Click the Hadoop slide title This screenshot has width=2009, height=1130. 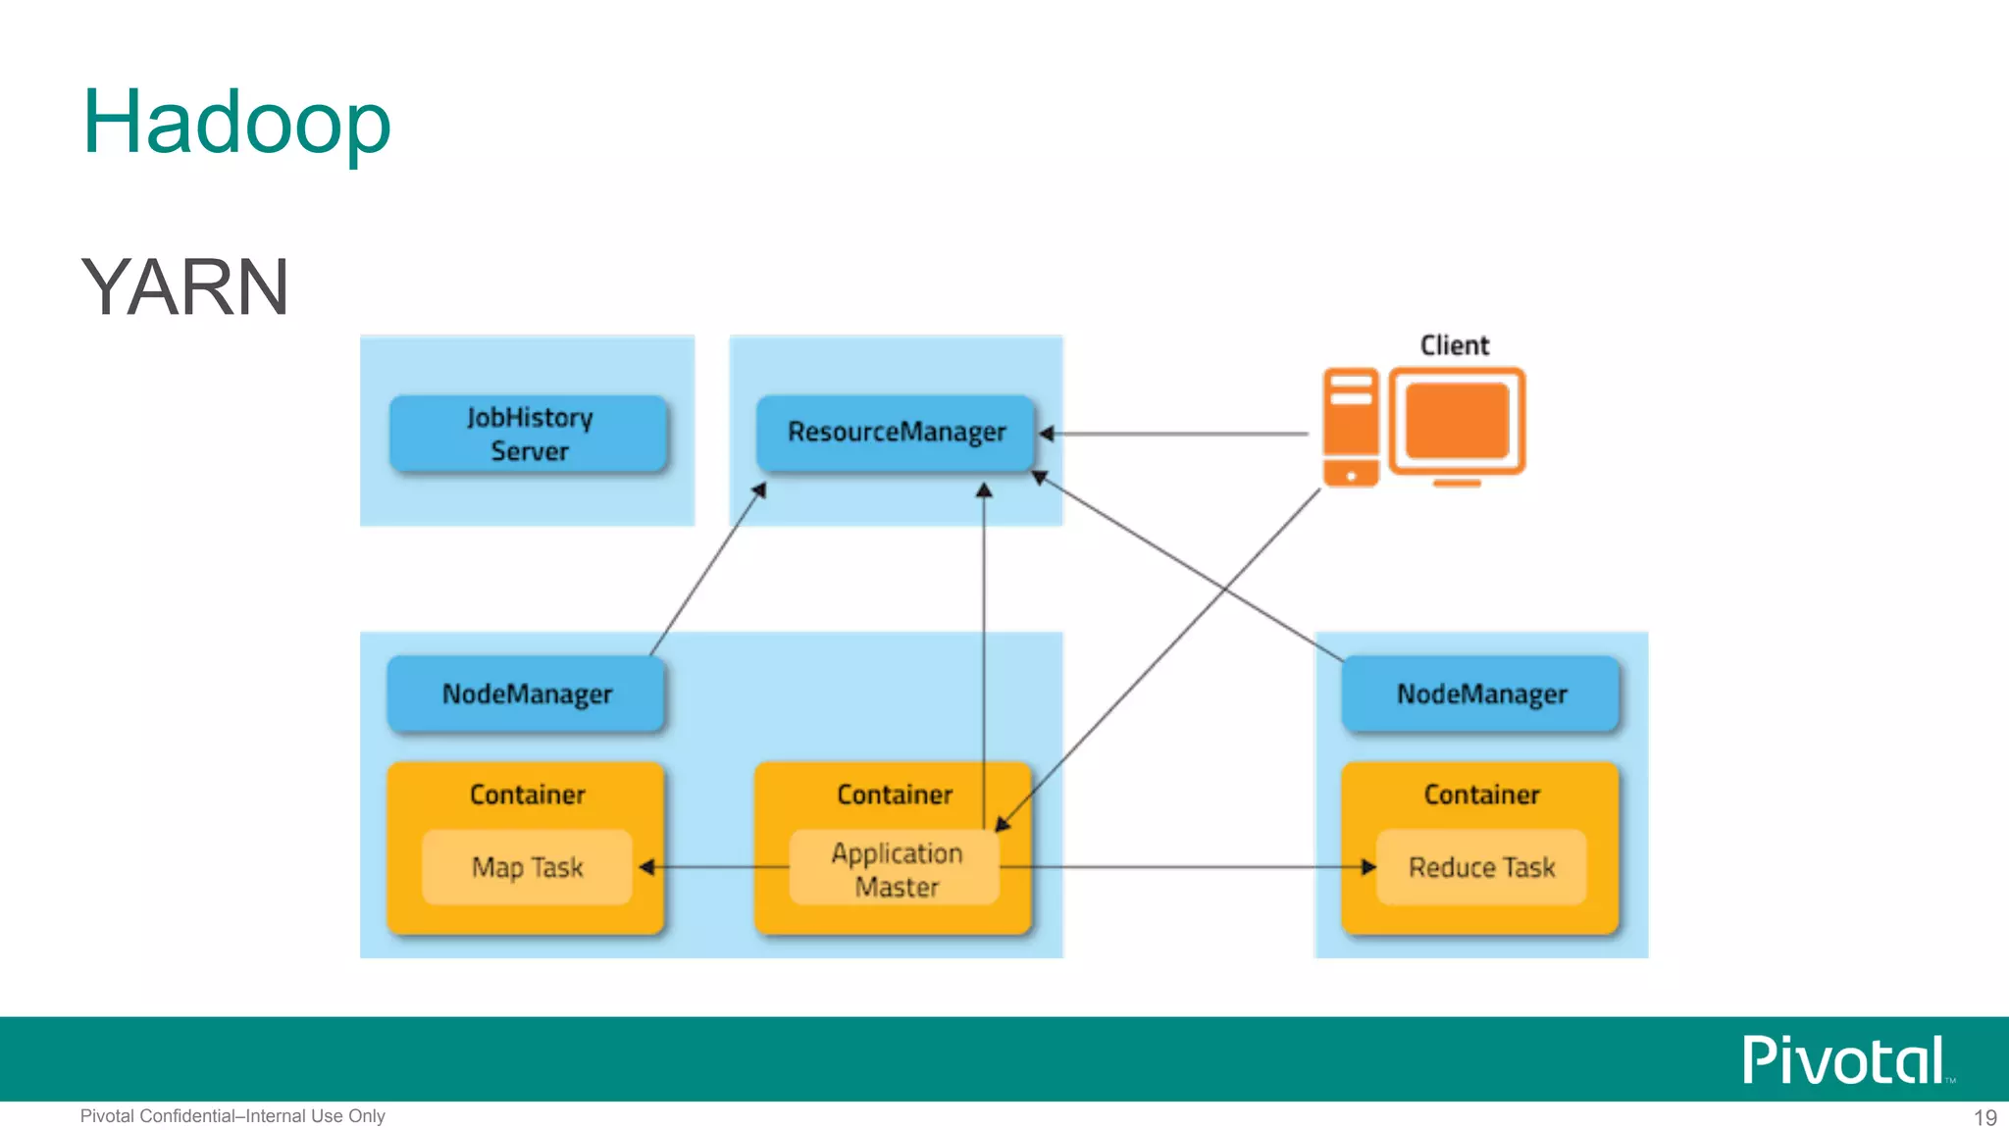tap(236, 122)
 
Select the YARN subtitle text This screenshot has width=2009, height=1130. tap(184, 286)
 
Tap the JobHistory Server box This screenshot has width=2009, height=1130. tap(529, 434)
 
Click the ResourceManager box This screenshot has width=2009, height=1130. tap(896, 432)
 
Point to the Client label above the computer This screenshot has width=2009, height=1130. tap(1454, 345)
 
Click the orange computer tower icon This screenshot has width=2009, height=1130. tap(1351, 427)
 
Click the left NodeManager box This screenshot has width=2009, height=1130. tap(527, 693)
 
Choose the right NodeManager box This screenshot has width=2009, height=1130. tap(1481, 693)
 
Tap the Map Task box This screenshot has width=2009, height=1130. tap(527, 867)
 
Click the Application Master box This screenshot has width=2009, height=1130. tap(896, 869)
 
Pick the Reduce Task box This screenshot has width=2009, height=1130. tap(1481, 867)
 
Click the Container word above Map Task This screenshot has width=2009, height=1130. tap(527, 795)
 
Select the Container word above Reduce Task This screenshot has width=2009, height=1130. tap(1481, 795)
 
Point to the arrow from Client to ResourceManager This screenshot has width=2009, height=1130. tap(1177, 434)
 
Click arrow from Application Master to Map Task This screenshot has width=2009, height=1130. tap(716, 867)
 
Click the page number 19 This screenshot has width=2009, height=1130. tap(1984, 1117)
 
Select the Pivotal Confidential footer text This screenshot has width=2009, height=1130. tap(232, 1116)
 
